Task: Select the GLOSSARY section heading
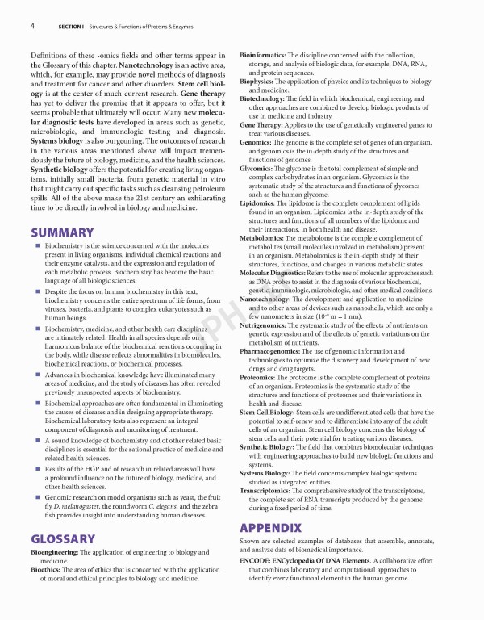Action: [x=65, y=538]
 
